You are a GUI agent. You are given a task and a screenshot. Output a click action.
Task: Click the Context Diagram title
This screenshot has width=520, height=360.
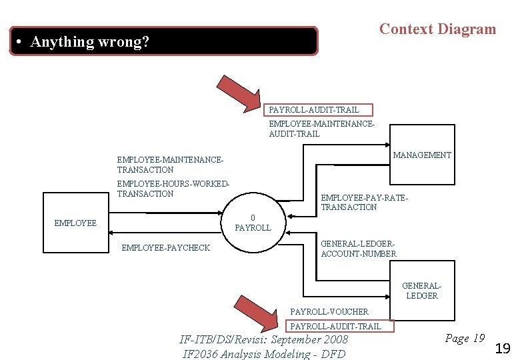(x=437, y=29)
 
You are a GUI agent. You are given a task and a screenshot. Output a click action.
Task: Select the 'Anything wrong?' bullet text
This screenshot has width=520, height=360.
(x=90, y=42)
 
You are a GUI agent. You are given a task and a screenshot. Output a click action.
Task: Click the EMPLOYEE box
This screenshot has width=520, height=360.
(x=75, y=223)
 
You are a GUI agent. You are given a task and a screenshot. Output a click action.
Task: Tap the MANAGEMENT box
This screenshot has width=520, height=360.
(x=422, y=155)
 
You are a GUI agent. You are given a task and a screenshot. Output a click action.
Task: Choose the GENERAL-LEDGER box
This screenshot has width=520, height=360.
(x=422, y=291)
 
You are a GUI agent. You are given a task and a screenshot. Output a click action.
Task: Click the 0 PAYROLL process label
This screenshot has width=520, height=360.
(x=253, y=223)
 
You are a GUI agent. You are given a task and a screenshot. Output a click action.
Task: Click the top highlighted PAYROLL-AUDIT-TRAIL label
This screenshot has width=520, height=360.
(x=313, y=110)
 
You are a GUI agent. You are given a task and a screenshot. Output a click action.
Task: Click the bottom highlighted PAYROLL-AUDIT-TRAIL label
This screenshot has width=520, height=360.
(x=335, y=326)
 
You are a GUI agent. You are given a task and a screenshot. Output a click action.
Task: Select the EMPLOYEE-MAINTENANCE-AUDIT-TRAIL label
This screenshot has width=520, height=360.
(x=321, y=129)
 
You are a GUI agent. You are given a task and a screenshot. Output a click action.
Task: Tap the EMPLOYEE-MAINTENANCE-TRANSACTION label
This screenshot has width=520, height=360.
(x=170, y=165)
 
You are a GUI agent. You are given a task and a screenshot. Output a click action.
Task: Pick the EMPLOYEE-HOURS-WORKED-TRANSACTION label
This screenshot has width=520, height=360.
(x=173, y=189)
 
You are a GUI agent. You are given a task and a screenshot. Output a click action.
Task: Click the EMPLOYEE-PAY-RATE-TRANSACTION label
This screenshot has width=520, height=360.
(x=364, y=203)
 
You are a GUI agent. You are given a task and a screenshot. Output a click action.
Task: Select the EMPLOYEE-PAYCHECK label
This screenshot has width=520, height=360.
(x=165, y=248)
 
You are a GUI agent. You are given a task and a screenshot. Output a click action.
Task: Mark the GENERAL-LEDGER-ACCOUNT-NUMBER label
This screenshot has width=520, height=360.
(x=359, y=249)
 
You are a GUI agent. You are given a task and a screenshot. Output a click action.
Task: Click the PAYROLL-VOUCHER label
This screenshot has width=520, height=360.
(x=329, y=311)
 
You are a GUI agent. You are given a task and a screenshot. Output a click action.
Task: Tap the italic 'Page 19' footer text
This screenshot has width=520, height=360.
(x=465, y=339)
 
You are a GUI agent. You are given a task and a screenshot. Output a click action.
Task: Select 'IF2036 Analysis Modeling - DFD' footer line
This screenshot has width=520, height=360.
(x=264, y=353)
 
